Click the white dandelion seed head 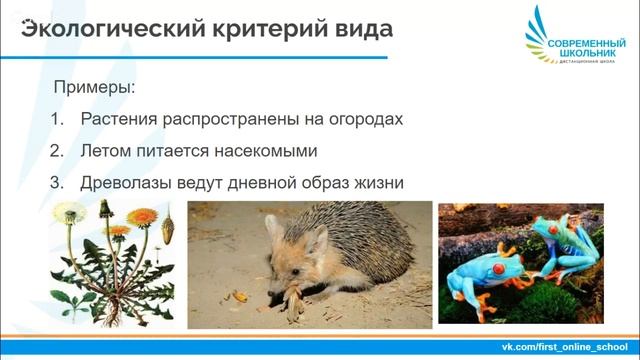(69, 213)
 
